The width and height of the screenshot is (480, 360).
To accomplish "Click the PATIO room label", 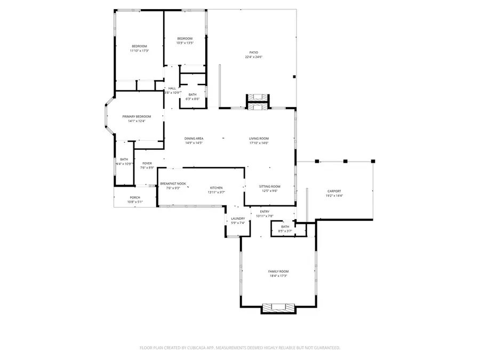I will tap(253, 52).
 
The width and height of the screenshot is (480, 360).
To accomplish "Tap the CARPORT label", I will tap(334, 191).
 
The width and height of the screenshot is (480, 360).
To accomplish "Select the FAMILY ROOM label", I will tap(278, 271).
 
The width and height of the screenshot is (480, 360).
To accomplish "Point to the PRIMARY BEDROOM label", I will tap(137, 116).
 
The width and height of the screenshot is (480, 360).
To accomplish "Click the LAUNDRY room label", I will tap(238, 218).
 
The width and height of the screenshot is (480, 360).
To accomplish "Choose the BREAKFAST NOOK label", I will tap(173, 183).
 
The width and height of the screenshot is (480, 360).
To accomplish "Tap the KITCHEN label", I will tap(216, 188).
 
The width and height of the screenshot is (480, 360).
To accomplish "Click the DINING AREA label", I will tap(194, 138).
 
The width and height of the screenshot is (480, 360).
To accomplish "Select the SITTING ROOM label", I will tap(269, 186).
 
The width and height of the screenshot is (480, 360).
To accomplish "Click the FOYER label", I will tap(147, 163).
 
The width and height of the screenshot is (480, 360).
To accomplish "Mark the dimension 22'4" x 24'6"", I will tap(253, 57).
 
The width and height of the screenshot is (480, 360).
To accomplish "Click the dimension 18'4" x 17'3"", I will tap(278, 276).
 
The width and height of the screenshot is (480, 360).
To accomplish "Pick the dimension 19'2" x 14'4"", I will tap(334, 196).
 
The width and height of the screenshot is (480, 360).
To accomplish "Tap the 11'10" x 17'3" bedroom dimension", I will tap(139, 51).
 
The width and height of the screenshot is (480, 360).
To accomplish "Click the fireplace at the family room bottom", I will tap(278, 308).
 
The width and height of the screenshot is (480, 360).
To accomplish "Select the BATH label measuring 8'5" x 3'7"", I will tap(285, 227).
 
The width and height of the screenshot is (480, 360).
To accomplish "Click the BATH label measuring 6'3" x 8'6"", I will tap(192, 94).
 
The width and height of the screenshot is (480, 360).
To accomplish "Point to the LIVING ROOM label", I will tap(259, 138).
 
